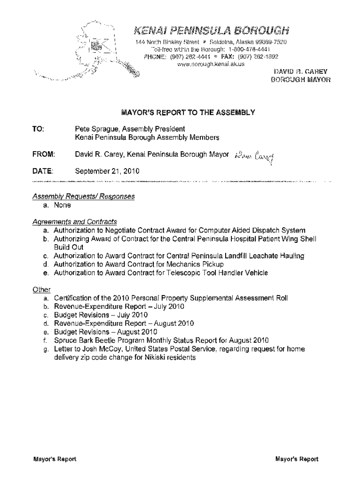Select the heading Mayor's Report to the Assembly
pos(188,112)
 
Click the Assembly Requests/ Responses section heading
pos(84,196)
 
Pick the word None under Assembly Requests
pos(62,205)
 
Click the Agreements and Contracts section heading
pos(75,222)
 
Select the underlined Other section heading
pos(41,290)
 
